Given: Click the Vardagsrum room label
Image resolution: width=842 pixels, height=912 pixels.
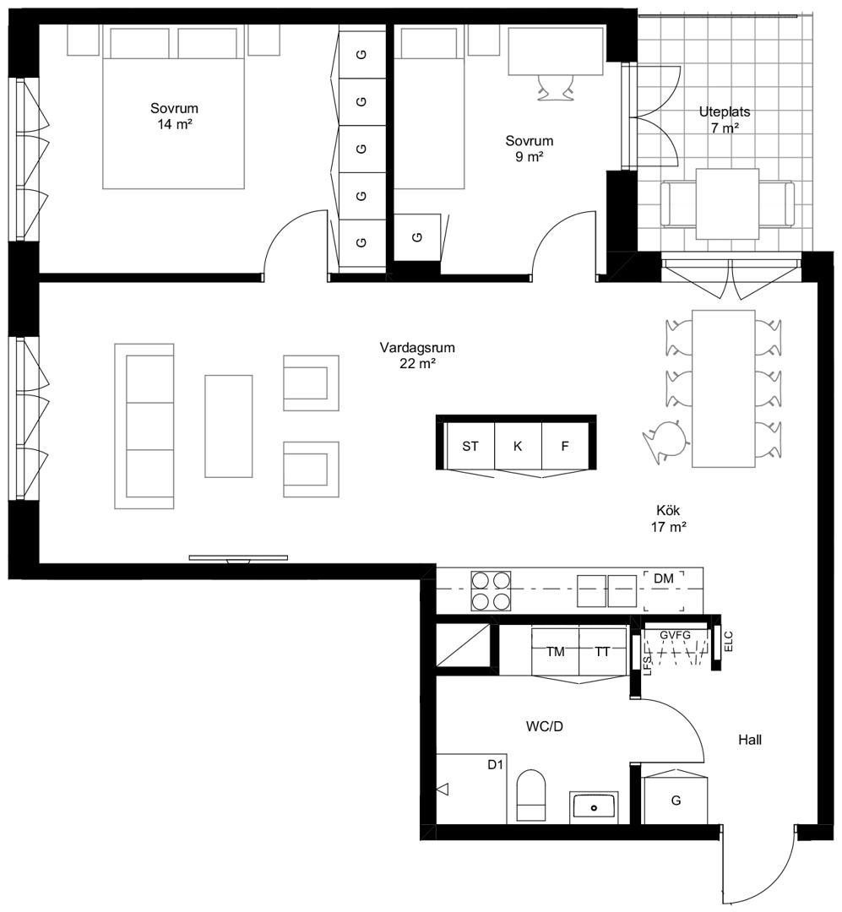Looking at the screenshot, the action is point(417,348).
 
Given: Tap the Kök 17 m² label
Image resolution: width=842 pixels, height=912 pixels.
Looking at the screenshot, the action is point(668,518).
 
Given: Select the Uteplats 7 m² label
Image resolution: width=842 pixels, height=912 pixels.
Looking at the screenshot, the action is point(725,120).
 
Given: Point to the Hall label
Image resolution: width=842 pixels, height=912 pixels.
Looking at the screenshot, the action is point(749,740).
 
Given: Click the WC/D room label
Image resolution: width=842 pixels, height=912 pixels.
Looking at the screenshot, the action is point(545,726).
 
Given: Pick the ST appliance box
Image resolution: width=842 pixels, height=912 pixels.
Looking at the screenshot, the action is point(470,446).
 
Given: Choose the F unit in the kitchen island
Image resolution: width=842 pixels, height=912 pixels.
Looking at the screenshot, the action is point(565,446).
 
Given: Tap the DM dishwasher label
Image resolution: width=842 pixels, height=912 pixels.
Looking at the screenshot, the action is point(663,578).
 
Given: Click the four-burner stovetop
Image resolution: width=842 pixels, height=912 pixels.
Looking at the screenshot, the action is point(492,590).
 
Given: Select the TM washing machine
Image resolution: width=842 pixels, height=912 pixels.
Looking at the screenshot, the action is point(555,651).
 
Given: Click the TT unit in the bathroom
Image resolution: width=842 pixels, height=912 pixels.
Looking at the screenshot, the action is point(603,651).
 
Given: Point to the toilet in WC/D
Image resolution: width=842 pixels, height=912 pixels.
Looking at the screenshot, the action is point(531,795).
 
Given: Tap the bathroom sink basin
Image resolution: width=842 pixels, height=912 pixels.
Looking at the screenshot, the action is point(594,807).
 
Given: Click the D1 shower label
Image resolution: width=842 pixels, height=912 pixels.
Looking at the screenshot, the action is point(495,765).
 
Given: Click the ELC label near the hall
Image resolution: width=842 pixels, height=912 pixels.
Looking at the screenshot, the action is point(729,641).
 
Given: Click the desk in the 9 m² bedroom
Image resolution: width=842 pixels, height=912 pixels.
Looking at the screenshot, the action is point(556,52).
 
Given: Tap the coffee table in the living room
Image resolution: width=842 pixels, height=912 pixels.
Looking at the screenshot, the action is point(229,426).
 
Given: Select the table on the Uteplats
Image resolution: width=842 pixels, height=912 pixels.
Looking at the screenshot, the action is point(727,204).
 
